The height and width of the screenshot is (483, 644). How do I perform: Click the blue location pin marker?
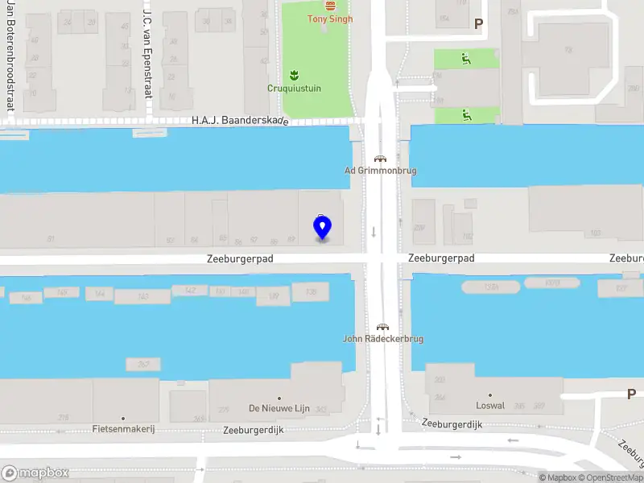point(322,228)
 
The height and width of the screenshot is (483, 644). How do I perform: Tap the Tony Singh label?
point(330,19)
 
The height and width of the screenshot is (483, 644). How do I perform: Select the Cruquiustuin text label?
point(294,89)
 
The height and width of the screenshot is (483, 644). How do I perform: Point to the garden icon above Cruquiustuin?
point(294,75)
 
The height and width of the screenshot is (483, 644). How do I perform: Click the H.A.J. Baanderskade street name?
point(239,121)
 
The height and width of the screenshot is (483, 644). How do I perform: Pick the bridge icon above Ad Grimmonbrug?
point(378,159)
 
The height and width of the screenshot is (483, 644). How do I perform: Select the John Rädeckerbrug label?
point(383,339)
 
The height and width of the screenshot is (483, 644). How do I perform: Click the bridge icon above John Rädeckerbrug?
point(383,326)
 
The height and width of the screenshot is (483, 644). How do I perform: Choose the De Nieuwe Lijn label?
point(279,409)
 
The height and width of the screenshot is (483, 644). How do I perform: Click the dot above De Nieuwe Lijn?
point(279,398)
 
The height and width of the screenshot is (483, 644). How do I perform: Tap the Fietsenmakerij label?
point(123,429)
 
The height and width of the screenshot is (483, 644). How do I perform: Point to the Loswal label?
point(490,406)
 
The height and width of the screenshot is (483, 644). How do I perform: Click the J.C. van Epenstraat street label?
point(147,52)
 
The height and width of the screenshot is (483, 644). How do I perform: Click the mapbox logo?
point(35,473)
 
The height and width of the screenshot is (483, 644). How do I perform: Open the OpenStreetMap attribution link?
point(609,478)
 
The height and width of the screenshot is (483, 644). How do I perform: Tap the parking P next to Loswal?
point(631,394)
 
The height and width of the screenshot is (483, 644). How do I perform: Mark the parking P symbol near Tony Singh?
point(478,24)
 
